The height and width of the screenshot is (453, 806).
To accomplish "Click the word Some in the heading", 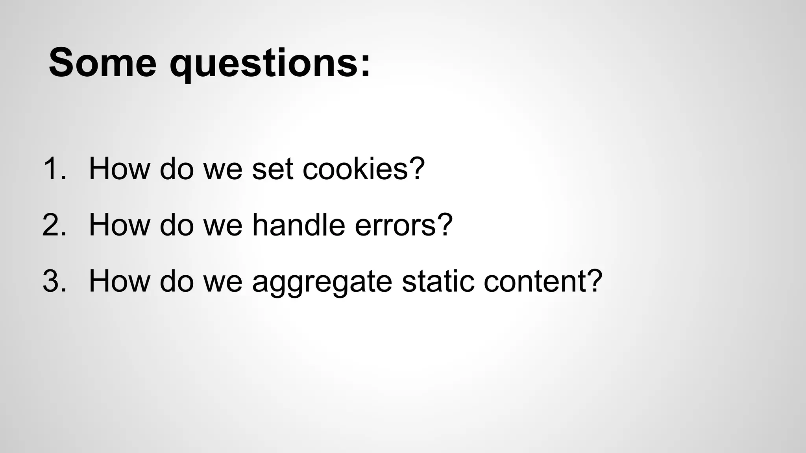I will point(103,63).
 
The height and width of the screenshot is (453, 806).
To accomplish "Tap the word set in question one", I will point(273,169).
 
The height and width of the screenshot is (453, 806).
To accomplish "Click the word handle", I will point(298,225).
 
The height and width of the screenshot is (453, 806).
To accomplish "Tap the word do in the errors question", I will point(177,225).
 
